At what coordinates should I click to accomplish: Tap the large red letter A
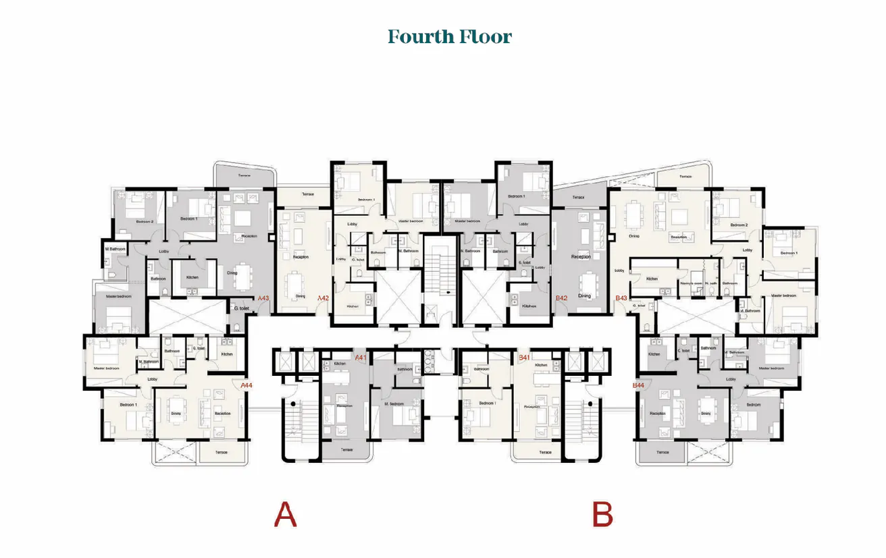tap(285, 515)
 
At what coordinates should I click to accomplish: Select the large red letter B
tap(602, 515)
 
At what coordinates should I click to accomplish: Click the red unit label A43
tap(263, 298)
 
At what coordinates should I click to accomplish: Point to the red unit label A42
tap(323, 298)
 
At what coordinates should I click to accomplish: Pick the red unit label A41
tap(361, 358)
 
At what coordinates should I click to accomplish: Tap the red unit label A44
tap(246, 385)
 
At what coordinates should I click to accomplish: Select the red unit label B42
tap(561, 298)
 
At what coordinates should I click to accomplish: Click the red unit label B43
tap(621, 298)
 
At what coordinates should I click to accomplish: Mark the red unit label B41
tap(523, 357)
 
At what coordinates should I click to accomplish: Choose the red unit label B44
tap(637, 385)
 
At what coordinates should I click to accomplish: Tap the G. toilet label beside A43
tap(242, 308)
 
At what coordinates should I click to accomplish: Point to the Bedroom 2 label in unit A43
tap(145, 221)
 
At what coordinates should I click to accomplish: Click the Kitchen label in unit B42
tap(529, 306)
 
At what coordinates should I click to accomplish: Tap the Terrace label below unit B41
tap(544, 452)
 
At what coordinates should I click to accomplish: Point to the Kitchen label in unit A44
tap(227, 354)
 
